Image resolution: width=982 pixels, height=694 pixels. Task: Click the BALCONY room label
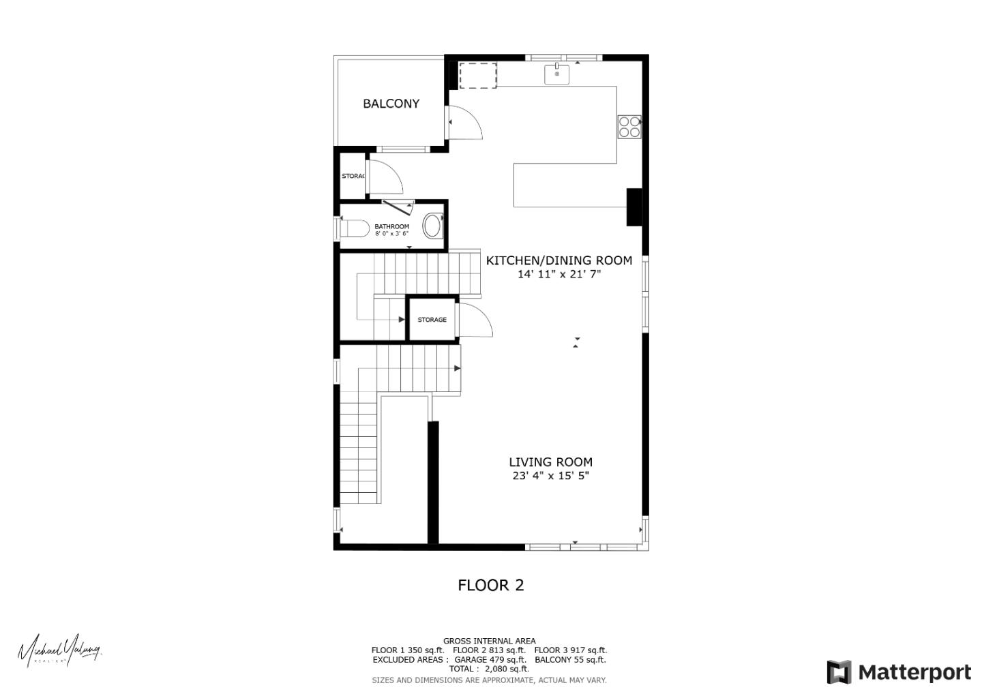click(391, 104)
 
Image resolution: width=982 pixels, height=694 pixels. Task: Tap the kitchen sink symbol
click(556, 74)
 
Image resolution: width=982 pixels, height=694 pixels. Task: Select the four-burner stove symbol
click(629, 126)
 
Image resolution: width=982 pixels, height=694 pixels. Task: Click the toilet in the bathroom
click(354, 228)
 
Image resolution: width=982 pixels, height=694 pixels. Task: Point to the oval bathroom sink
click(432, 226)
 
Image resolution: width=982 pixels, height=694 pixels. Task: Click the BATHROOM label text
click(391, 226)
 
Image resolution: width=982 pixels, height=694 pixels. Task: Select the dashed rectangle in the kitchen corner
click(477, 75)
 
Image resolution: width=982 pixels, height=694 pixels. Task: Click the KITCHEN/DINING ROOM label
click(559, 260)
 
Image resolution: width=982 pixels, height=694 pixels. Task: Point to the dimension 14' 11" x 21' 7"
click(559, 275)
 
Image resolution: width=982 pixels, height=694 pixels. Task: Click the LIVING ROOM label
click(550, 462)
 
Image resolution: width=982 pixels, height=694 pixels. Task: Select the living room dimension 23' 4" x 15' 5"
click(550, 476)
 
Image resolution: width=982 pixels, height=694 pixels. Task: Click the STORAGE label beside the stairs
click(432, 320)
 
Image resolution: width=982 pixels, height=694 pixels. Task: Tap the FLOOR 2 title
click(490, 585)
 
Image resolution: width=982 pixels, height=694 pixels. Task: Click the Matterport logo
click(899, 672)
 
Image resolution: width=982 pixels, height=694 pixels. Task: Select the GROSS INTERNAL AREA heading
click(489, 641)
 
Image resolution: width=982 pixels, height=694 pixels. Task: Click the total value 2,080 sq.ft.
click(507, 669)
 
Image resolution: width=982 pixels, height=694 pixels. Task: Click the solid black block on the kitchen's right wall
click(634, 207)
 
